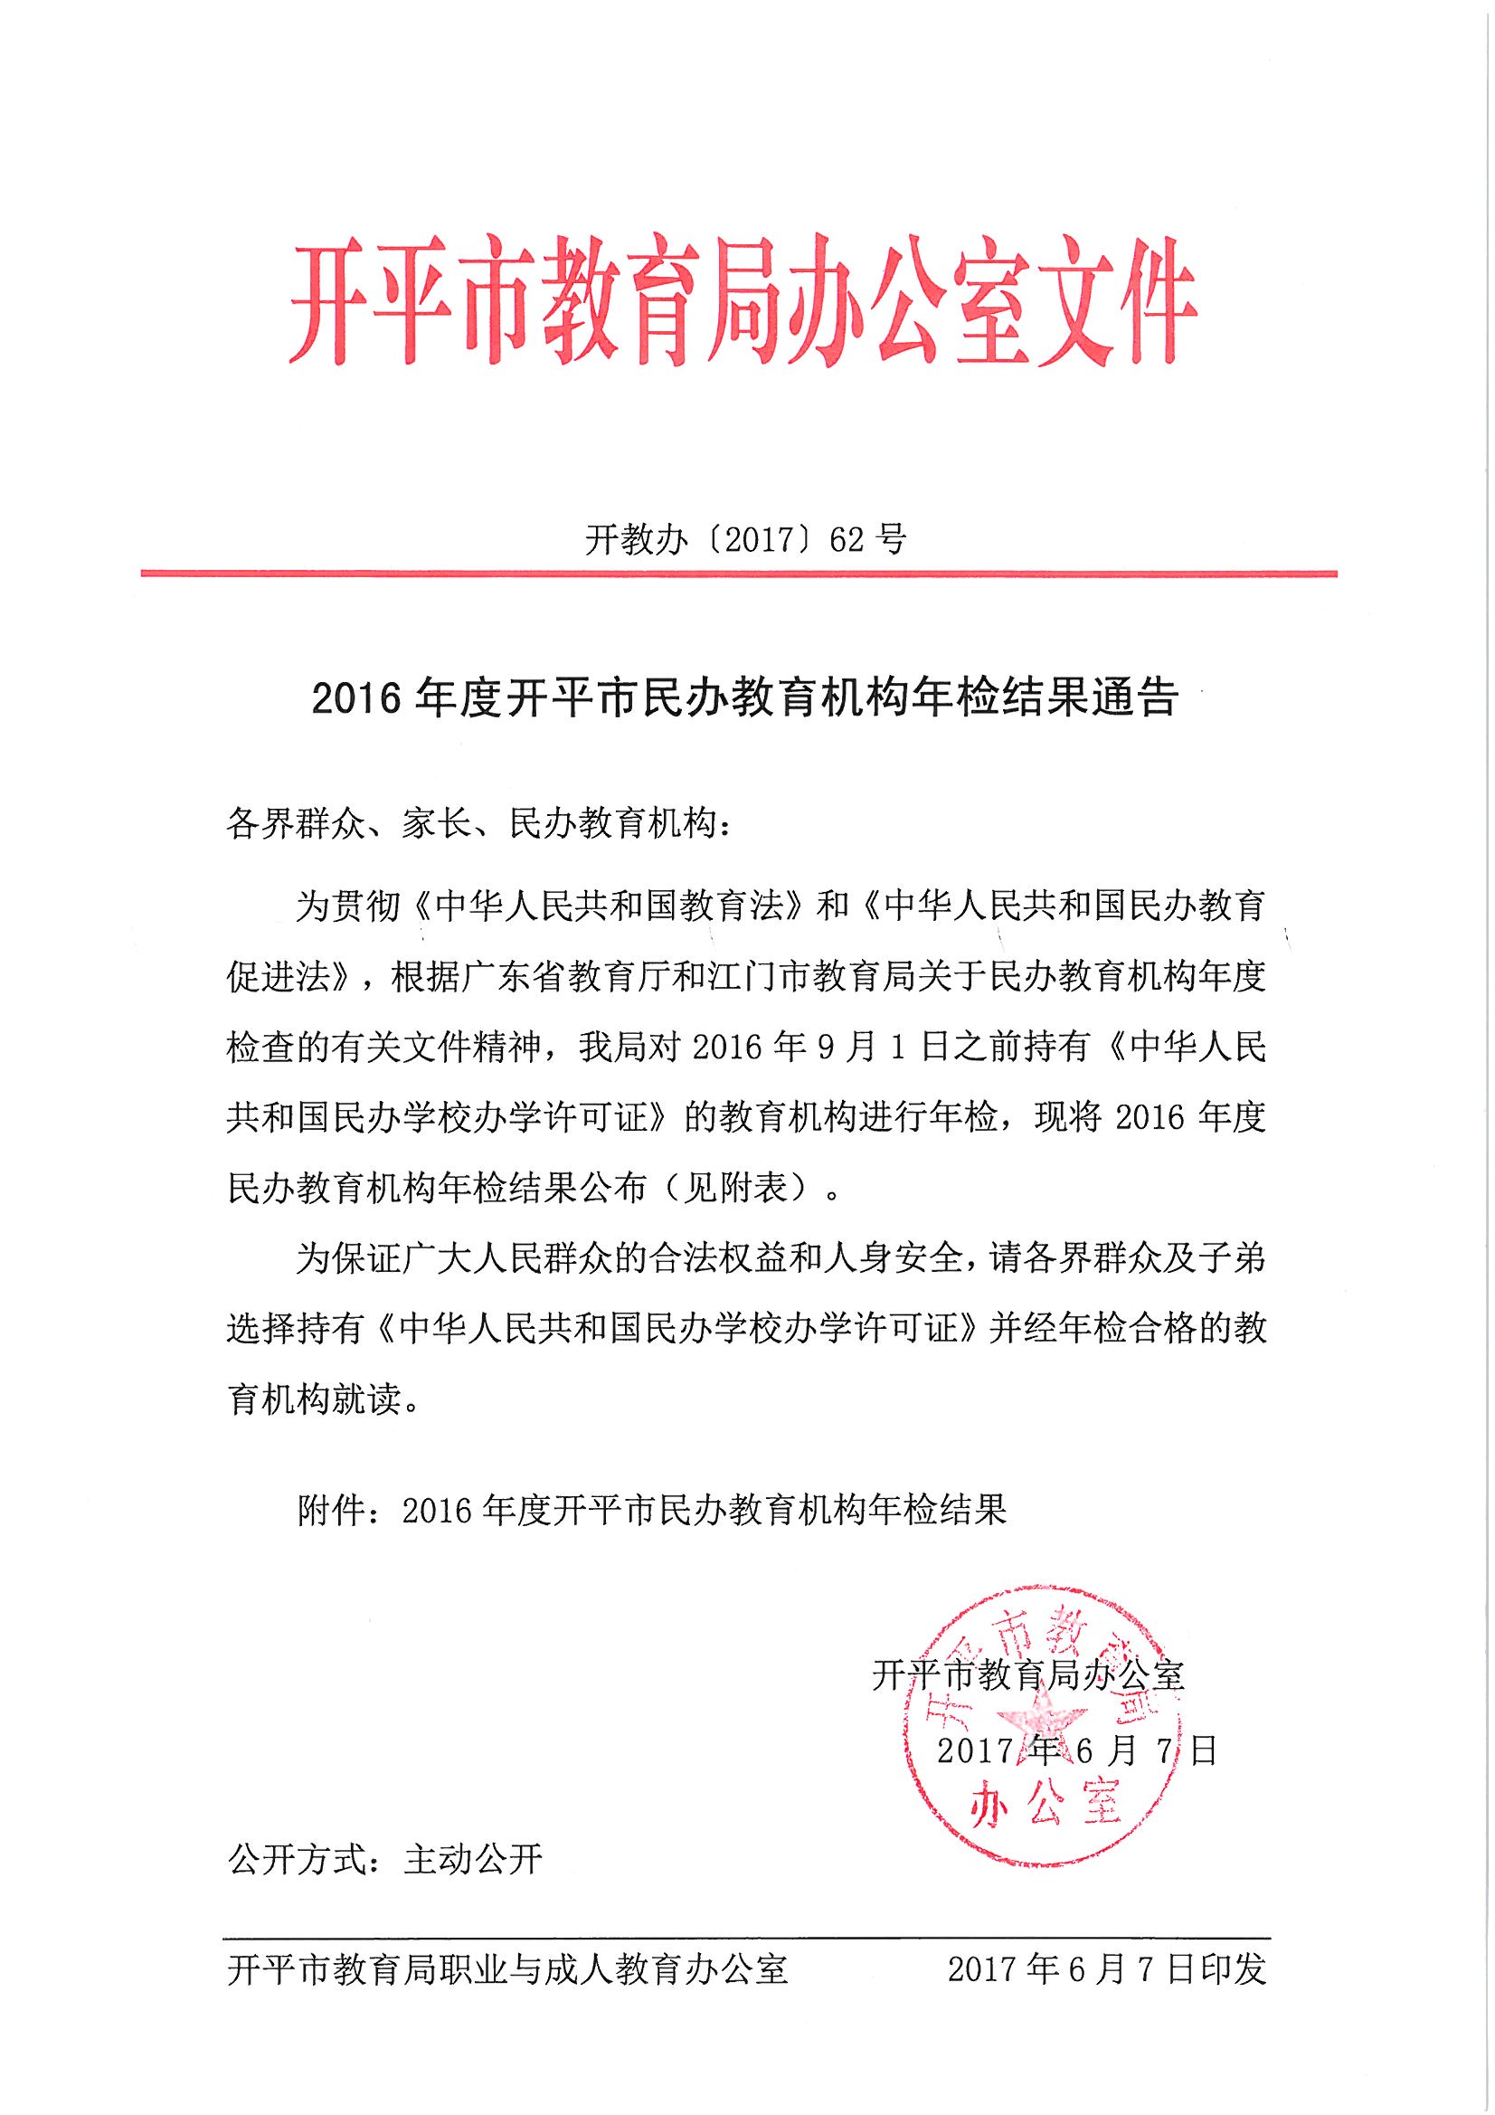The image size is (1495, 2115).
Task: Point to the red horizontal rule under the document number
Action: pyautogui.click(x=738, y=574)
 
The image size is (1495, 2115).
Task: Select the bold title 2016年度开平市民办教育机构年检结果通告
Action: pyautogui.click(x=745, y=698)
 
